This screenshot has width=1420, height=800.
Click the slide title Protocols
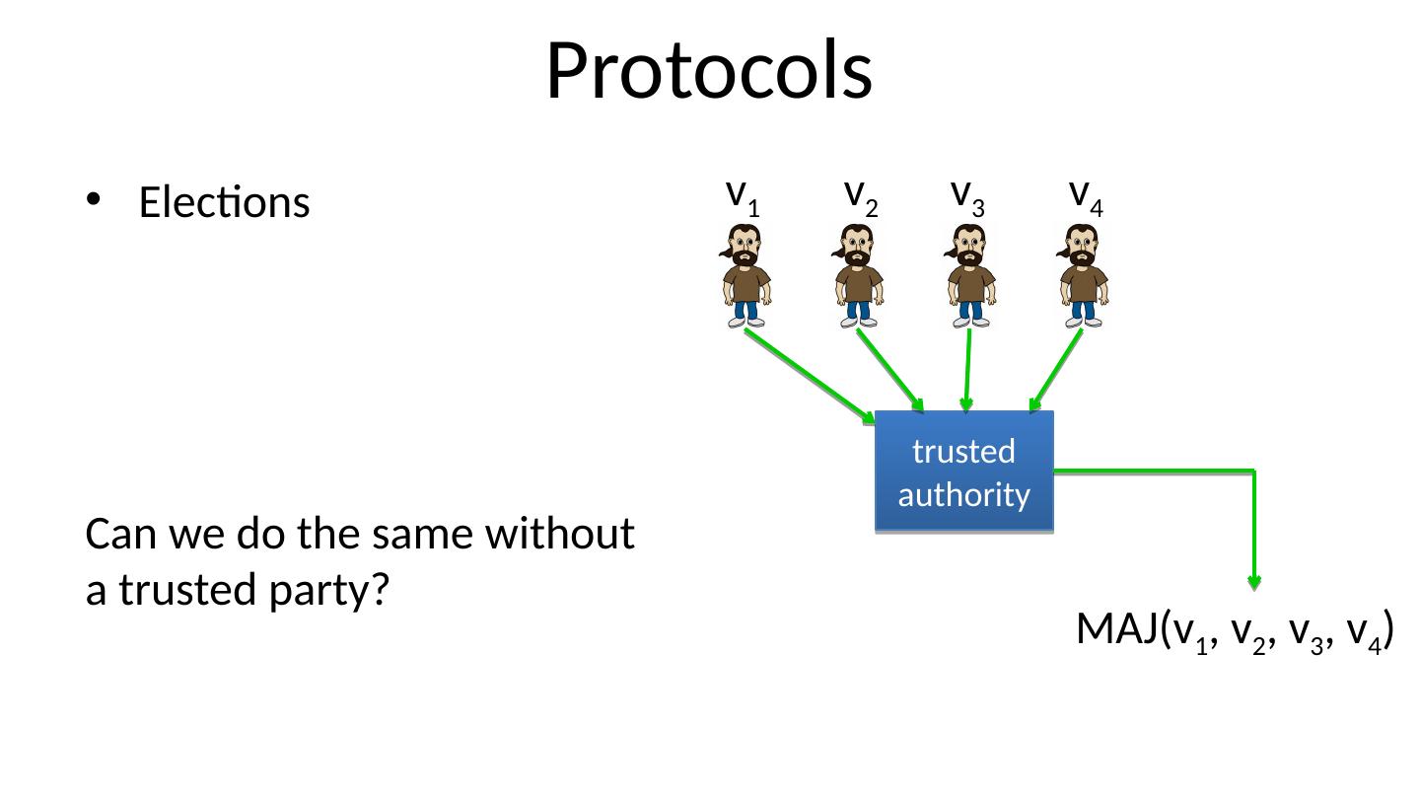pos(709,71)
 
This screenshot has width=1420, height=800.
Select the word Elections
pos(225,203)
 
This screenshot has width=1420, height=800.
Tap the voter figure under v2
pos(859,275)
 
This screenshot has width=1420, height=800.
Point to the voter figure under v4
pos(1084,275)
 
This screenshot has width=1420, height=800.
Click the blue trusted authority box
pos(964,472)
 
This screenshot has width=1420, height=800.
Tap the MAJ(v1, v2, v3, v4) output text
pos(1234,629)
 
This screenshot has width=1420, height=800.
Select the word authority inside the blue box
pos(964,493)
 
